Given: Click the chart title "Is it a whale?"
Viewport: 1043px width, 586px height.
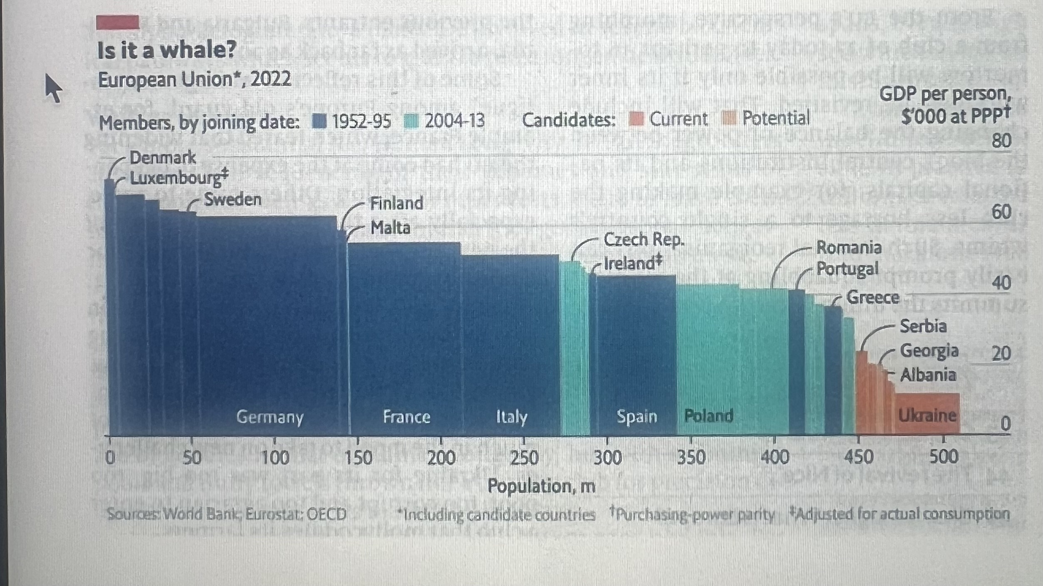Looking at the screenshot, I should point(166,50).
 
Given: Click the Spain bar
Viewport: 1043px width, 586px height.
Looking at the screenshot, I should point(636,354).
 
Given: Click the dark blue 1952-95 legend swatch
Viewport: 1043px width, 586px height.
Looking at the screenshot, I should point(319,121).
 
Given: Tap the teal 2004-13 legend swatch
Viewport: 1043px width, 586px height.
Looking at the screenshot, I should point(411,121).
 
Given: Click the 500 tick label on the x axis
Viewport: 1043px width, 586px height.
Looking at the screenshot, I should point(944,457).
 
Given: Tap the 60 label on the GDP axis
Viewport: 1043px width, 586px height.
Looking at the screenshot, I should point(1001,212).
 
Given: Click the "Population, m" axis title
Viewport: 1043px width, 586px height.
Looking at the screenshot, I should point(541,486).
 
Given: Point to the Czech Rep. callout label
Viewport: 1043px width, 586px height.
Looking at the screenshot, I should point(643,240).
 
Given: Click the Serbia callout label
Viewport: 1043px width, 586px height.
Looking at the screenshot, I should point(923,326).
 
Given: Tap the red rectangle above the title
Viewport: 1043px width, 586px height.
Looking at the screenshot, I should point(117,22).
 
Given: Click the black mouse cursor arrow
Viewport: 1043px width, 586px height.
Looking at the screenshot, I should point(53,87).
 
